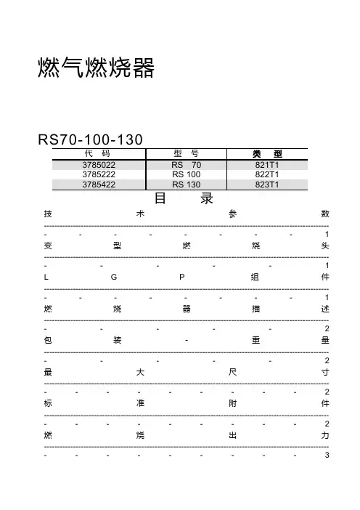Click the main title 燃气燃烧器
(x=96, y=68)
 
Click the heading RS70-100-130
(x=90, y=139)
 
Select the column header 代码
(x=97, y=153)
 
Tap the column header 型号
(x=187, y=153)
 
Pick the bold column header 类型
(x=267, y=154)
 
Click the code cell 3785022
(x=99, y=165)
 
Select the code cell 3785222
(x=99, y=174)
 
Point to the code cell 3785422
(x=99, y=185)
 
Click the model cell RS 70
(x=187, y=165)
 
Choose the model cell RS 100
(x=187, y=174)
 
